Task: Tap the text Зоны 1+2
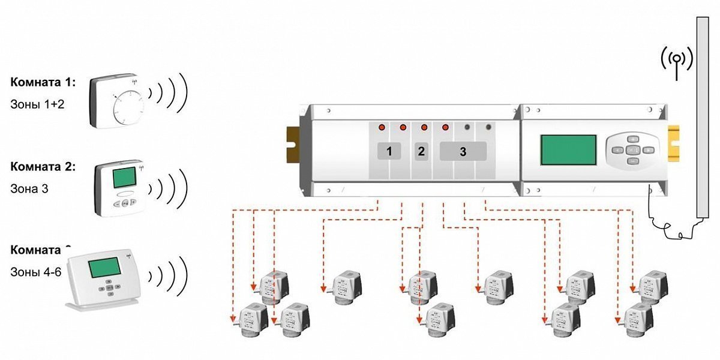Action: (37, 104)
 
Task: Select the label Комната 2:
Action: (43, 167)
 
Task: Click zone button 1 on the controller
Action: (389, 152)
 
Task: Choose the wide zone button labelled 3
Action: (463, 152)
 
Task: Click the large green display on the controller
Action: (568, 150)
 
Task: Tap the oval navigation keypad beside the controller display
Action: (632, 149)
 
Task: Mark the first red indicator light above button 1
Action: (381, 128)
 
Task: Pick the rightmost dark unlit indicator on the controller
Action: (488, 128)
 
